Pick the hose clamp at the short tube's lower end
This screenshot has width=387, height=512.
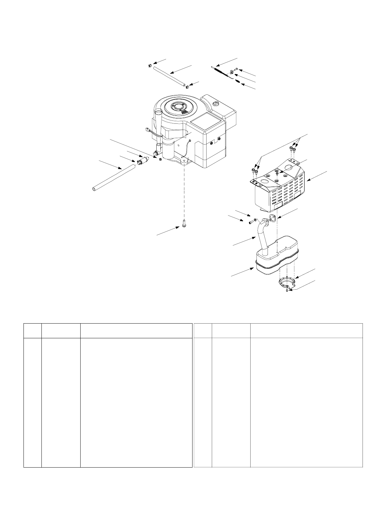click(187, 87)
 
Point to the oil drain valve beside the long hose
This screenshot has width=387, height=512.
click(142, 162)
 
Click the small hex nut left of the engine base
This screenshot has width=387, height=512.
click(160, 159)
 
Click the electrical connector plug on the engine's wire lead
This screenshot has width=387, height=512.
click(148, 129)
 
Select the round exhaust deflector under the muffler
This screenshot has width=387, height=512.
click(287, 280)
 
